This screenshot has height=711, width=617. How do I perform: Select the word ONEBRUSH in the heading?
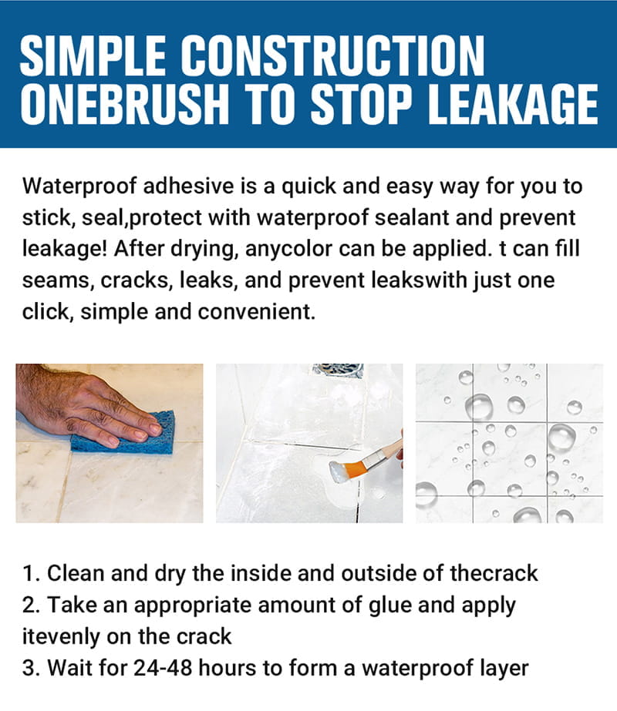[x=125, y=104]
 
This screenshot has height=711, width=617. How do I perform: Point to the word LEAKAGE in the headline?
[x=513, y=104]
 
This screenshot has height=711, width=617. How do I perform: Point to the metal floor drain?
[x=338, y=370]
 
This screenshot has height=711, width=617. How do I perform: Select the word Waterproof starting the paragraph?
[x=79, y=186]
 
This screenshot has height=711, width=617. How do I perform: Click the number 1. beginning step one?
[x=32, y=574]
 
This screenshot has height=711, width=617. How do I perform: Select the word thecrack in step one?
[x=494, y=574]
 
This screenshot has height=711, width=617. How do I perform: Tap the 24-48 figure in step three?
[x=163, y=669]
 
